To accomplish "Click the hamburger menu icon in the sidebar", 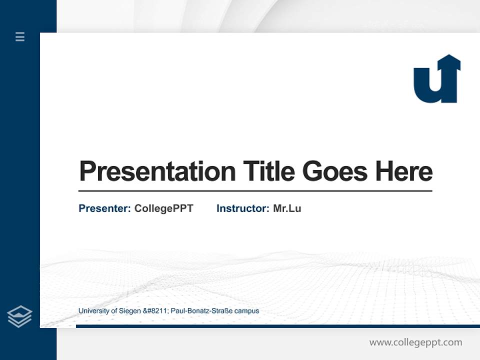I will click(20, 36).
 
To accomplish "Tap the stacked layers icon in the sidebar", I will click(19, 316).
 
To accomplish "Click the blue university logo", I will click(436, 80).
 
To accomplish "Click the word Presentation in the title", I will click(157, 171).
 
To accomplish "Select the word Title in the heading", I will click(268, 171).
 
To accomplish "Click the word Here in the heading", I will click(404, 171).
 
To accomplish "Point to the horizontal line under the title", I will click(255, 191).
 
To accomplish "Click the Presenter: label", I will click(104, 208).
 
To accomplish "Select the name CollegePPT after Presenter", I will click(163, 208).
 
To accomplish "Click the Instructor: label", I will click(242, 208).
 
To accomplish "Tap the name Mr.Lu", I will click(287, 208).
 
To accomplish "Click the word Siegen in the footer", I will click(130, 311).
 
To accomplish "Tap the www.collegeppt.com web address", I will click(415, 342).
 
